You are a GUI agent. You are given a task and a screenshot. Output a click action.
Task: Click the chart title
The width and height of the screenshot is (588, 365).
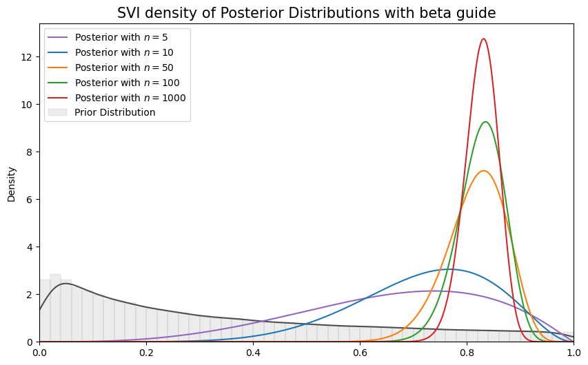tap(306, 13)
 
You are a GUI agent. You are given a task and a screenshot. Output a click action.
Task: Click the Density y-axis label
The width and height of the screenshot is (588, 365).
tap(12, 183)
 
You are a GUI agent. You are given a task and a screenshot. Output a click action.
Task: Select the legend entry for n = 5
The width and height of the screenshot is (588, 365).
tap(121, 37)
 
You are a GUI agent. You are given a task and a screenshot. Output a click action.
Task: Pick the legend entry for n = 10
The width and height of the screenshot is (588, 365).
tap(123, 52)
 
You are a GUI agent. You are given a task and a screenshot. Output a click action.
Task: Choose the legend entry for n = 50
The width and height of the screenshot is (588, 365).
tap(123, 67)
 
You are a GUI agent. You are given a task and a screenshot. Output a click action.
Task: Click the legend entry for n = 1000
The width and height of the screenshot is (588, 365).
tap(130, 97)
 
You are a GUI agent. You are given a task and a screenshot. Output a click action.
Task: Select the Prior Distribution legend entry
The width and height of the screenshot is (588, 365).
tap(114, 112)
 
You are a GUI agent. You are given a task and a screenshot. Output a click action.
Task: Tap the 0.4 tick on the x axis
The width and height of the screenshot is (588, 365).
tap(253, 352)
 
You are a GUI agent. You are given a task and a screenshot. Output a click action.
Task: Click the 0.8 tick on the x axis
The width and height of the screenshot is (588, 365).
tap(467, 352)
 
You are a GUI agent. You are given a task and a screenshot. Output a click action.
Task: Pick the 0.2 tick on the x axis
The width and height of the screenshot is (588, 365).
tap(146, 352)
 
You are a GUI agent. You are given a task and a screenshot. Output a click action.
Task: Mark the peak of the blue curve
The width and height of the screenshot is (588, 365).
tap(449, 269)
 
